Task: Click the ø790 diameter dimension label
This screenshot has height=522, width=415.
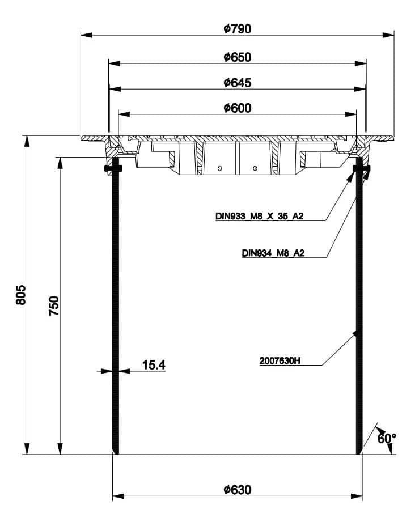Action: [x=238, y=29]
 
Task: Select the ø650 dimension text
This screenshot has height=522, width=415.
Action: [x=238, y=57]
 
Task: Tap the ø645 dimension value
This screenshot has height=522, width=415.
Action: [x=238, y=83]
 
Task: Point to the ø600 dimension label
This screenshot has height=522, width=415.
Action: [x=238, y=108]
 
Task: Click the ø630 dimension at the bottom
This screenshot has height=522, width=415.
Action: [x=238, y=490]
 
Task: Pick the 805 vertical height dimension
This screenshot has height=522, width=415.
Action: [x=20, y=295]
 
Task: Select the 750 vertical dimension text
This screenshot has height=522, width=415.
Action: [x=54, y=306]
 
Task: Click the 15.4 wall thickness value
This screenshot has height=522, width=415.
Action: [x=154, y=365]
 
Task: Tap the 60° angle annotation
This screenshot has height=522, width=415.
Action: [x=387, y=438]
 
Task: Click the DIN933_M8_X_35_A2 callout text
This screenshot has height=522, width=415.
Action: [x=260, y=216]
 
